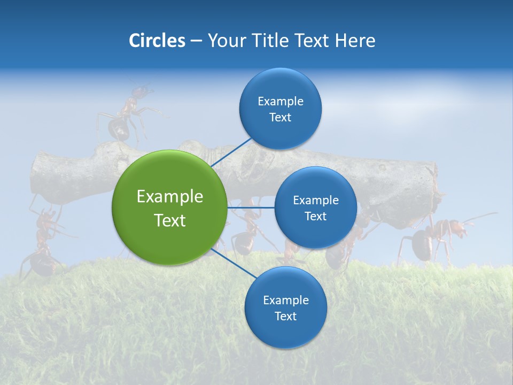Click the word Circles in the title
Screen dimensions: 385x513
click(x=157, y=41)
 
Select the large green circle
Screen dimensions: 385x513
click(x=169, y=207)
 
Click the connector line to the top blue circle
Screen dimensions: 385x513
click(x=231, y=152)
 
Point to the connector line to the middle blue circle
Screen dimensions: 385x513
click(x=251, y=207)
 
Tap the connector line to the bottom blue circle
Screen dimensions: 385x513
click(x=232, y=263)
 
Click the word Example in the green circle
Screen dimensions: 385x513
click(x=169, y=196)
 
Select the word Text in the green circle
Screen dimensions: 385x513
click(x=169, y=220)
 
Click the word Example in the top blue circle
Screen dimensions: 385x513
click(x=280, y=101)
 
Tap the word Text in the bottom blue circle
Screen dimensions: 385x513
click(x=285, y=316)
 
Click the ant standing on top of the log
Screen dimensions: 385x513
click(x=126, y=115)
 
